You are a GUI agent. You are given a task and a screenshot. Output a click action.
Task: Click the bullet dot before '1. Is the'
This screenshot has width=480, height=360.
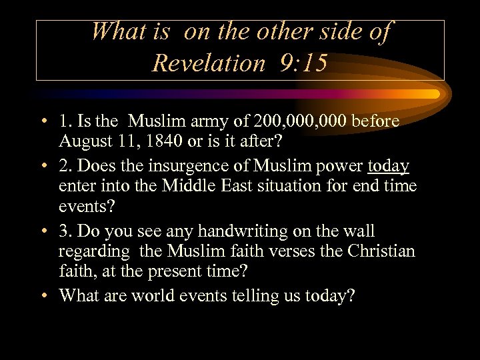pos(43,123)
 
